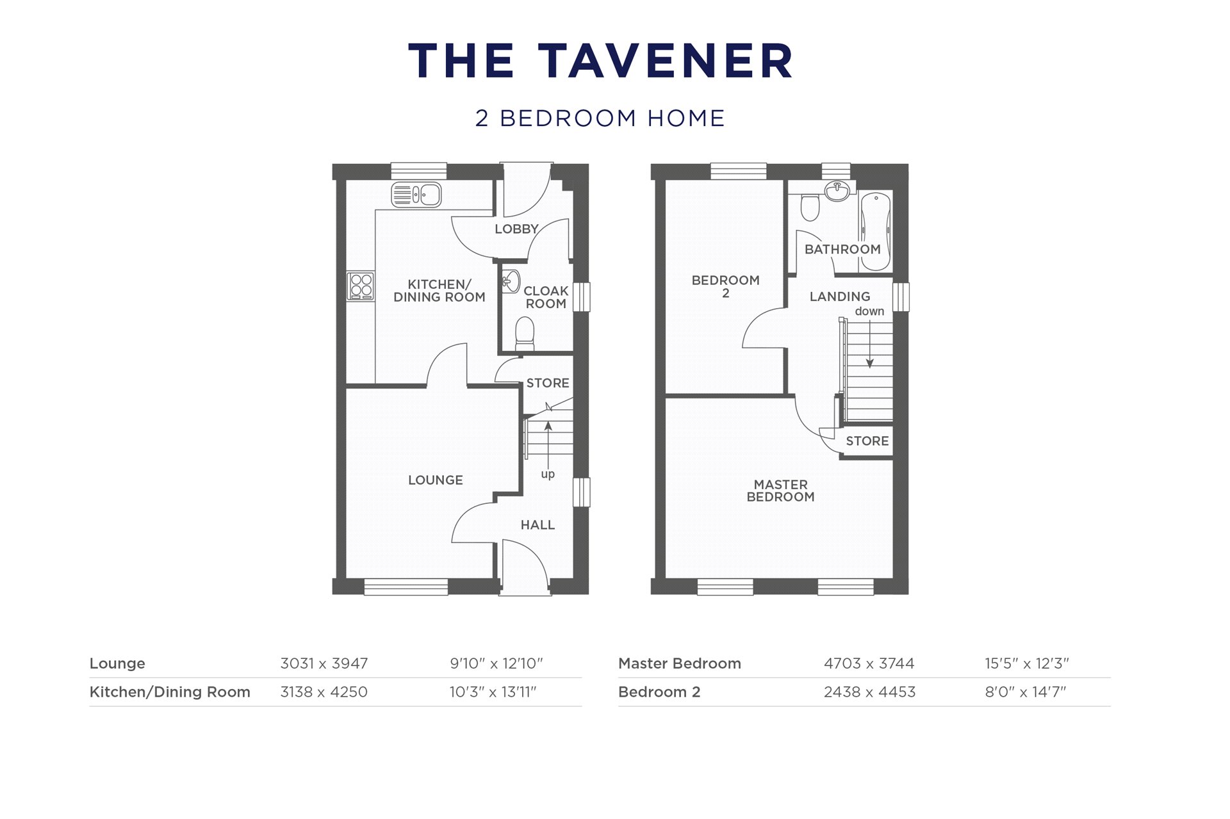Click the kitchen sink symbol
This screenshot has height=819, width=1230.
coord(416,195)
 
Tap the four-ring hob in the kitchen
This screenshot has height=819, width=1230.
coord(361,286)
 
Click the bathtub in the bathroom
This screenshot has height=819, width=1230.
coord(875,231)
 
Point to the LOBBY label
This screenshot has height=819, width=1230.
coord(516,229)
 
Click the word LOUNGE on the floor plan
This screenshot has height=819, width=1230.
coord(435,480)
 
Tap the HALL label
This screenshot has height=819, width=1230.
coord(537,525)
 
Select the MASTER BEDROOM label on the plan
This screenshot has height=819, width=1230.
coord(780,491)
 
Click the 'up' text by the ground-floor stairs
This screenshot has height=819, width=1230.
coord(548,474)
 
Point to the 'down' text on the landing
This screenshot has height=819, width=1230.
coord(869,311)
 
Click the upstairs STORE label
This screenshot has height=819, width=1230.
coord(867,441)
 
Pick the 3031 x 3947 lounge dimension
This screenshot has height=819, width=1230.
coord(324,663)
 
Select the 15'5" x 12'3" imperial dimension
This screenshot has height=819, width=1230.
coord(1026,663)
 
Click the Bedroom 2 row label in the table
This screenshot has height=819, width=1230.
coord(659,692)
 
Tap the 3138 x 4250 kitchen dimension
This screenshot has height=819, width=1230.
coord(324,692)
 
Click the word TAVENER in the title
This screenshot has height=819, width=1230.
coord(664,61)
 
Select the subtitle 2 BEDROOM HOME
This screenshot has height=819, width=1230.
coord(600,118)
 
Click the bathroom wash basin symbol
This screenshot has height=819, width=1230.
coord(837,190)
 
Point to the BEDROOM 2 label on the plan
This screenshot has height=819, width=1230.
coord(725,286)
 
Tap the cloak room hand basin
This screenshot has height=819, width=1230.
coord(511,282)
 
